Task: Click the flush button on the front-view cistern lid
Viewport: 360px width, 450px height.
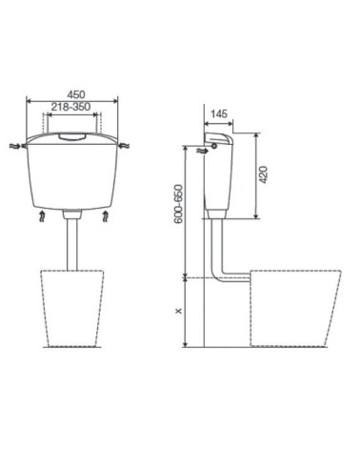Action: click(72, 137)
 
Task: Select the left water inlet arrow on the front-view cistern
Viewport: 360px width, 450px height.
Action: click(15, 147)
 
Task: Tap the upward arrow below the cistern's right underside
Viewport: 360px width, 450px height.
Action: click(104, 219)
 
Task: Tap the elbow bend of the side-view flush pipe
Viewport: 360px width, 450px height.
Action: click(221, 277)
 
